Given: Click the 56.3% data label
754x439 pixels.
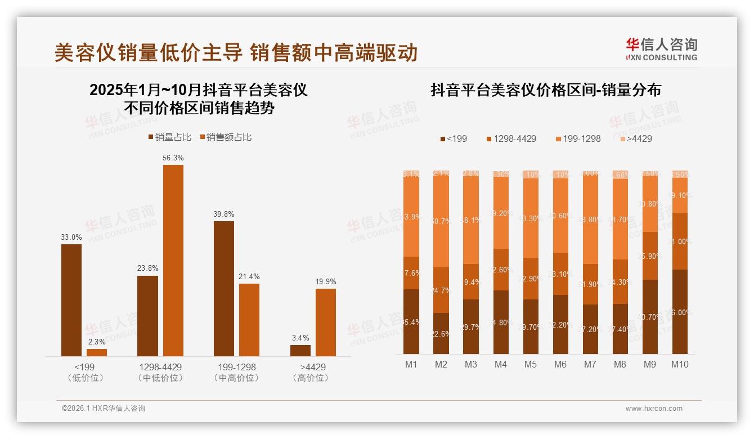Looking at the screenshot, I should pos(173,158).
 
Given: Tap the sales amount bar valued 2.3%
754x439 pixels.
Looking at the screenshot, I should pos(97,352).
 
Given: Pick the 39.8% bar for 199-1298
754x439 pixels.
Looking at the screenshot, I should pos(224,288).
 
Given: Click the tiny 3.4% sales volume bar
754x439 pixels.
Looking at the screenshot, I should pos(300,350).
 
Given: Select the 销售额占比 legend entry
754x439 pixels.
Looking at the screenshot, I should pos(225,137).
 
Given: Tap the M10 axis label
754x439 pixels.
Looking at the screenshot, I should pos(680,364).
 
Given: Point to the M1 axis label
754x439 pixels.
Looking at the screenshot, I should pos(411,364).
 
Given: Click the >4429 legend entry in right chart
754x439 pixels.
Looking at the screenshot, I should pos(636,138).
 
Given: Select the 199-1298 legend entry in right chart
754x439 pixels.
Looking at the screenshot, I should pos(578,138).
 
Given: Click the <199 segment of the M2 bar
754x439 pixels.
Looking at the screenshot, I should pos(441,333).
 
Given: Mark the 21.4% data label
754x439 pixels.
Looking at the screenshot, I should pos(249,277).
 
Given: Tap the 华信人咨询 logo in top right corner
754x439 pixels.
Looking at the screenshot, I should pos(661,49).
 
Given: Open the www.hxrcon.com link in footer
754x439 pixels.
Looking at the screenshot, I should pos(654,409).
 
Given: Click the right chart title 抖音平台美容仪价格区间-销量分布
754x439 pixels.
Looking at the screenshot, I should pos(545,90).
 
